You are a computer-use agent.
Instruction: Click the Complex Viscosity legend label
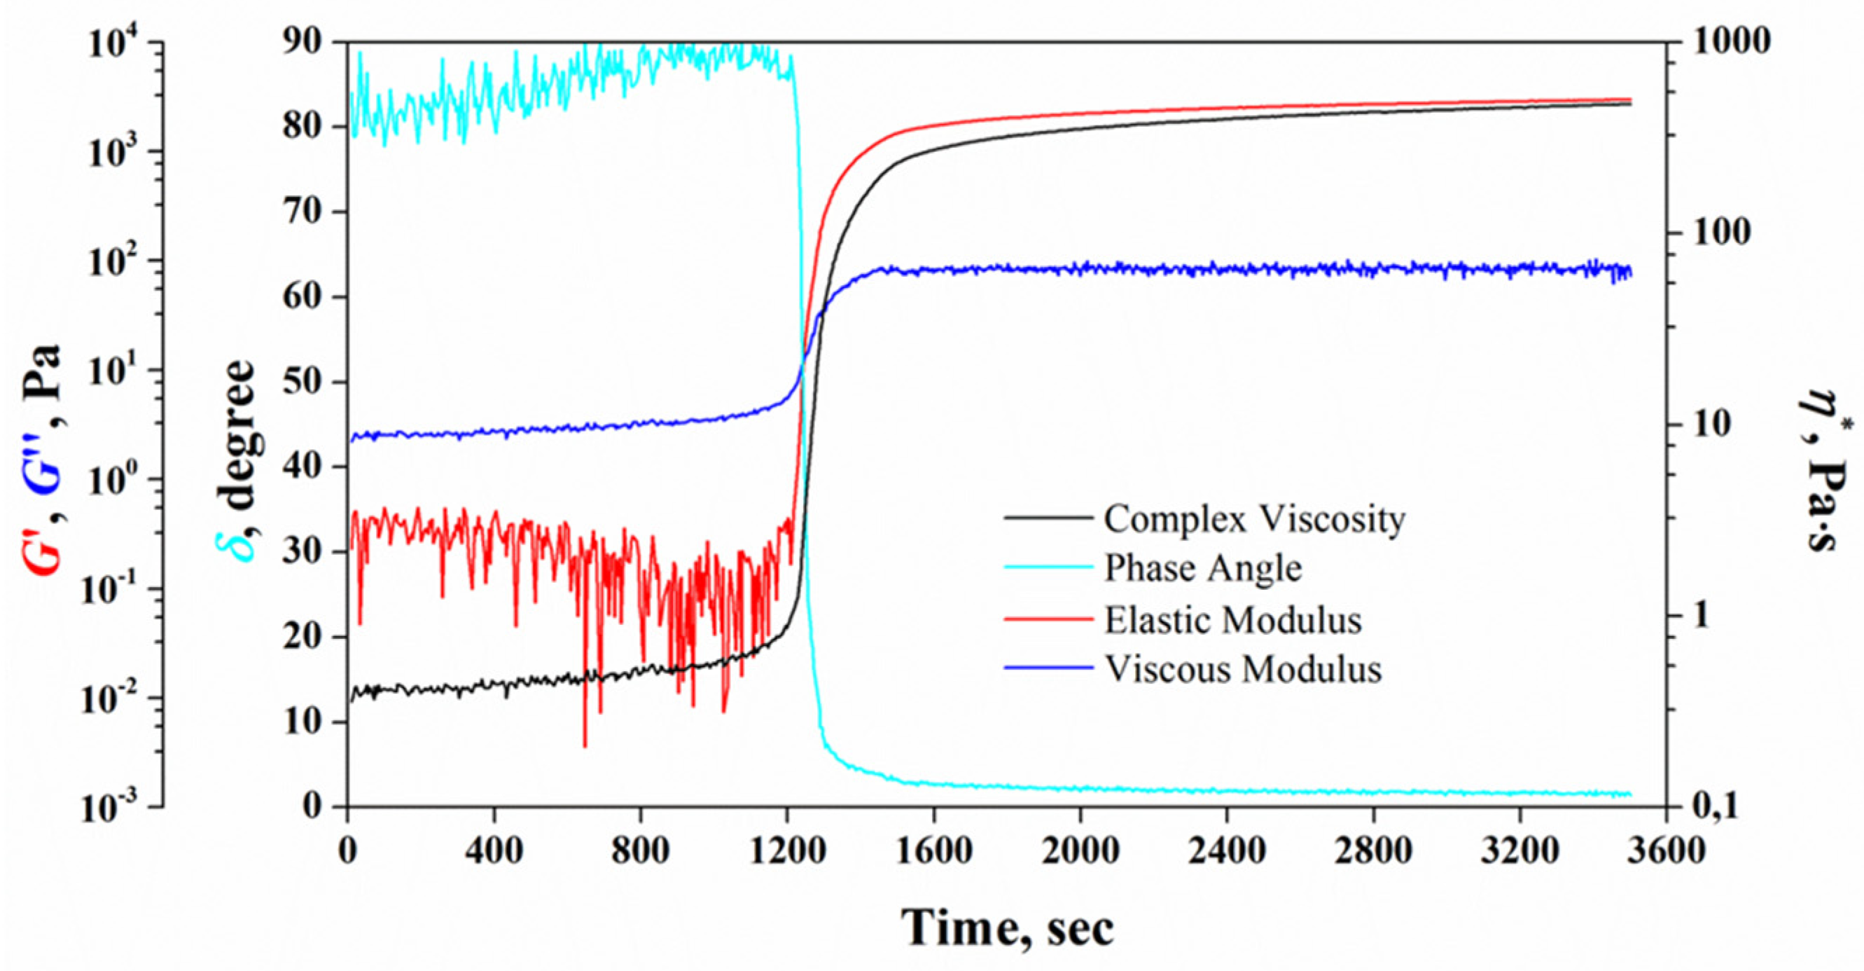pyautogui.click(x=1255, y=519)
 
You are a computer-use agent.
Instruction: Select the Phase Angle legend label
pyautogui.click(x=1202, y=568)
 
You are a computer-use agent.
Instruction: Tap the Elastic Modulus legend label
pyautogui.click(x=1232, y=621)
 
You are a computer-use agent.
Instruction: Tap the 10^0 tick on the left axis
pyautogui.click(x=120, y=480)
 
